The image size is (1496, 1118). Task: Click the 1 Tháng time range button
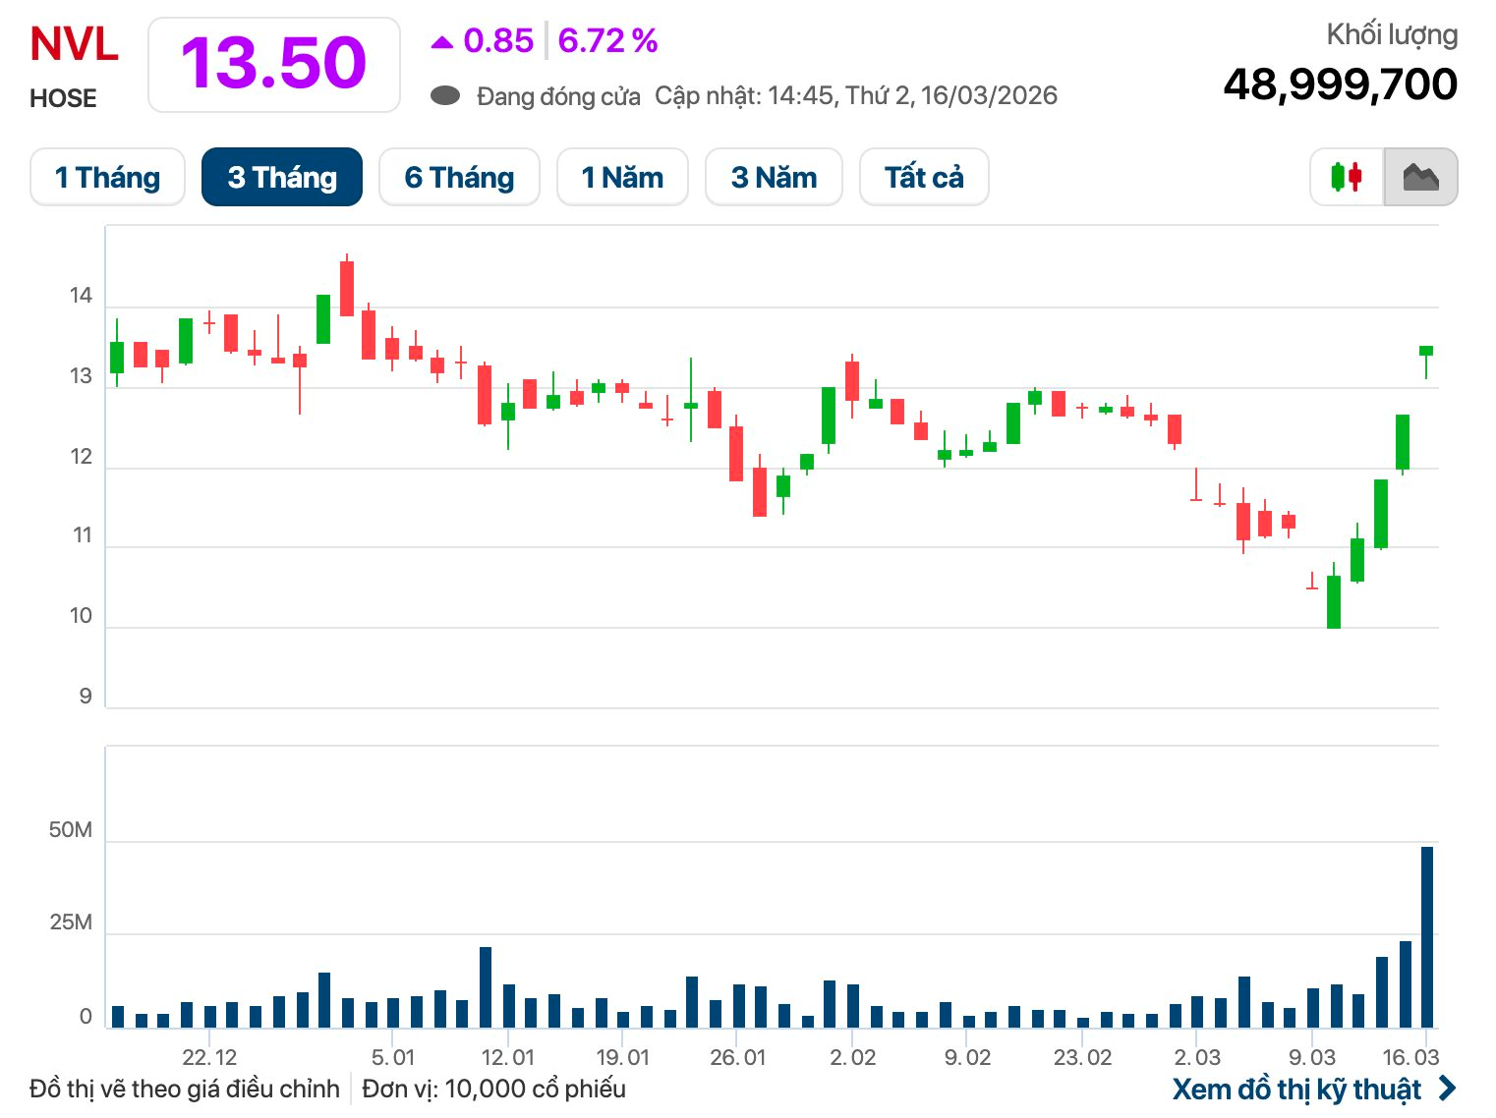coord(107,177)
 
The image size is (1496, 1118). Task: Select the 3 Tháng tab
coord(282,177)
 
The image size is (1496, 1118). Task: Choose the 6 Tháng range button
coord(459,177)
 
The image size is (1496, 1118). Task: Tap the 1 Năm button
coord(622,177)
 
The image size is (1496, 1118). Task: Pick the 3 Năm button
coord(774,177)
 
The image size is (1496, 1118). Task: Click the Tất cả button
coord(924,177)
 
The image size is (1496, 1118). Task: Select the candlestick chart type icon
coord(1346,177)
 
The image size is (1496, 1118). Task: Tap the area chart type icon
coord(1420,177)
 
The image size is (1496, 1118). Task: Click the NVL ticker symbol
coord(74,45)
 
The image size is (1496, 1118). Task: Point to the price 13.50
coord(273,64)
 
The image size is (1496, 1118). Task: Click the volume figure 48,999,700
coord(1340,84)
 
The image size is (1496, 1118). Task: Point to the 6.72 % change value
coord(607,40)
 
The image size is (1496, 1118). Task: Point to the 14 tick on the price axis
coord(81,296)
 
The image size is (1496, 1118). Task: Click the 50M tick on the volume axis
coord(71,830)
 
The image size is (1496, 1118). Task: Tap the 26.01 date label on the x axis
coord(737,1057)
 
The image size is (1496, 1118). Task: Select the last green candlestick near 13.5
coord(1426,351)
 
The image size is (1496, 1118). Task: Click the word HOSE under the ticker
coord(63,98)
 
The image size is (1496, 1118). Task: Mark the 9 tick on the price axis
coord(86,697)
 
